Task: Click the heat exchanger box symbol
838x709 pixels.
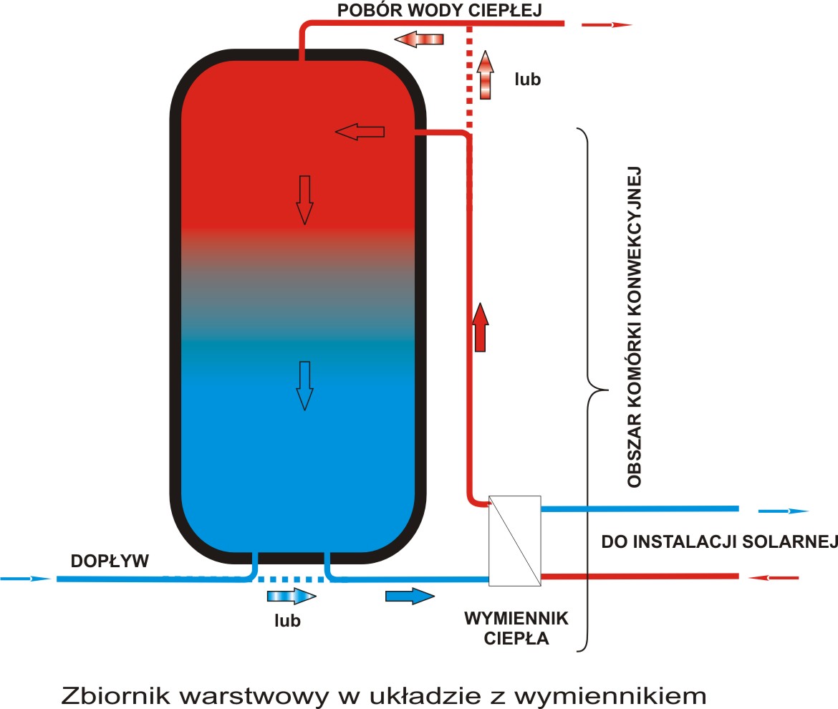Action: [x=514, y=541]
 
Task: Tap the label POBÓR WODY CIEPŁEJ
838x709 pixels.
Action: [x=439, y=10]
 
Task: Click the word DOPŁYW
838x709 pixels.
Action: [x=110, y=561]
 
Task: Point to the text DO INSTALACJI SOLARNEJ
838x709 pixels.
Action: [x=718, y=541]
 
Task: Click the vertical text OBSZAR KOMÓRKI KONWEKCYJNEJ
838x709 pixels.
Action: [x=633, y=327]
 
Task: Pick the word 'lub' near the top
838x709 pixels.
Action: [x=527, y=79]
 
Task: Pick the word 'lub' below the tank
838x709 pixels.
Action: [x=287, y=620]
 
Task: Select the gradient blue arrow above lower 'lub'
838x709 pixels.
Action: [x=291, y=596]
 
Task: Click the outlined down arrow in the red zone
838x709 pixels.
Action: [x=305, y=199]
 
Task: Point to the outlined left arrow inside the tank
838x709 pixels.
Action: [x=360, y=132]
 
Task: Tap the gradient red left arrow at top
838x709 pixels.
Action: [x=419, y=39]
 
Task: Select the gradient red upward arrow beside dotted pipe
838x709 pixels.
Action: [x=485, y=74]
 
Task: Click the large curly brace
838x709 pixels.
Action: [x=592, y=390]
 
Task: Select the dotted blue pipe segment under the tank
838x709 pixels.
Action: [x=291, y=579]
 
